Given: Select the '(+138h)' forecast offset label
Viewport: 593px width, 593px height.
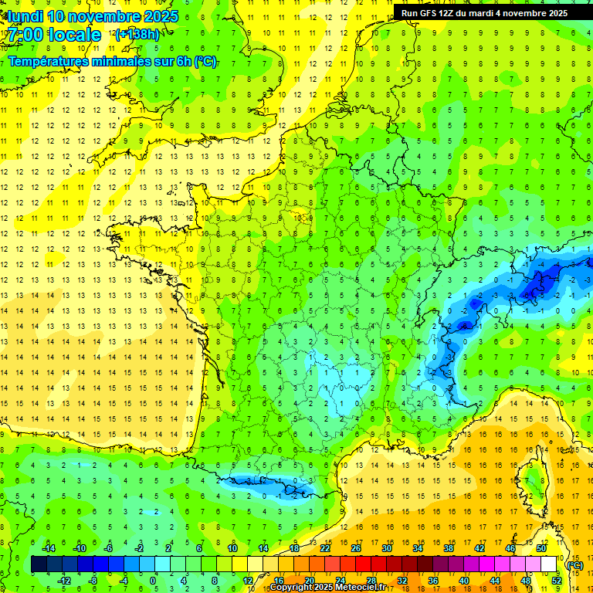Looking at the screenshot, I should pos(137,35).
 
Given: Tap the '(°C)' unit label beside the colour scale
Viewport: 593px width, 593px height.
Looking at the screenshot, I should pos(574,565).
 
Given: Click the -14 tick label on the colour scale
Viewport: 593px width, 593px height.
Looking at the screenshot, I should pos(48,548).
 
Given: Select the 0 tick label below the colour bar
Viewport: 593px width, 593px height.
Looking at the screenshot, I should pos(152,581).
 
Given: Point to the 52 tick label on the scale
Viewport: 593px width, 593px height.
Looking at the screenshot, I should pos(557,581).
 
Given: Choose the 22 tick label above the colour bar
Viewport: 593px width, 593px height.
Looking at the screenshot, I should pos(325,548).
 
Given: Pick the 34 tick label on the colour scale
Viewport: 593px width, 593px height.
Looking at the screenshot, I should pos(418,548).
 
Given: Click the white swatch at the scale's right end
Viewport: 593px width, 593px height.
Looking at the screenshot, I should pos(549,564).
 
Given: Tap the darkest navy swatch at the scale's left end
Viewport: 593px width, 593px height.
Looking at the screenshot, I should pos(39,564).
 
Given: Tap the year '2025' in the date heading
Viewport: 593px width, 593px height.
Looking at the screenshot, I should pos(160,16).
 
